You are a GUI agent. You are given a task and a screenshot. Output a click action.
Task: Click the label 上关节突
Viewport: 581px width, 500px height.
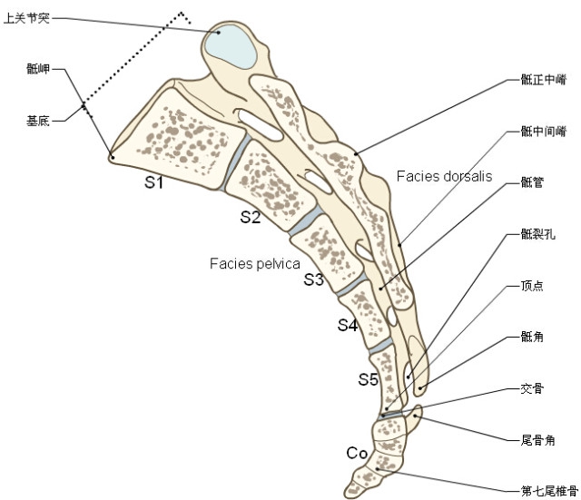point(26,18)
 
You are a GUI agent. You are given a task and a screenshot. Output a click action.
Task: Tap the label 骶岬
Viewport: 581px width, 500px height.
point(38,69)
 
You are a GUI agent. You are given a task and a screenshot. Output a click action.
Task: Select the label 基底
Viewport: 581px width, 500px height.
point(38,121)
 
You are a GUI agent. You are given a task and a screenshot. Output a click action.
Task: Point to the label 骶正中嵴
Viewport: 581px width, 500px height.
point(544,79)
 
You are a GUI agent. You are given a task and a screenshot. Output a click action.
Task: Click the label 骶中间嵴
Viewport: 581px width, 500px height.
point(544,131)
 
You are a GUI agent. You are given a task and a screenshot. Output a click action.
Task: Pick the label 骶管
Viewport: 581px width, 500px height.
point(532,182)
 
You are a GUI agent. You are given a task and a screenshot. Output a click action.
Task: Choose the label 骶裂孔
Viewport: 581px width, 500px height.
point(538,234)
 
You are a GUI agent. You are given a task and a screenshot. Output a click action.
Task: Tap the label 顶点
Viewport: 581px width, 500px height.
point(532,286)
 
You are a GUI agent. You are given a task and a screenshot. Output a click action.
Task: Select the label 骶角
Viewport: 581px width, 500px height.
point(532,337)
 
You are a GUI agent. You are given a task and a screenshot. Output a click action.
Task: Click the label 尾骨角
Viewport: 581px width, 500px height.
point(538,440)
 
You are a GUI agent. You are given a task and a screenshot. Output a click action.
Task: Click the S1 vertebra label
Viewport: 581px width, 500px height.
point(153,181)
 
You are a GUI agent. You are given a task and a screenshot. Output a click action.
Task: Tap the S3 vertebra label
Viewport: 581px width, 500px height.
point(313,279)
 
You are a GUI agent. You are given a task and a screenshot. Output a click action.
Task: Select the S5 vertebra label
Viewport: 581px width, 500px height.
point(368,379)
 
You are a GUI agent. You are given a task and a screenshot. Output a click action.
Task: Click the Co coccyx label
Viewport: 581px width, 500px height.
point(357,453)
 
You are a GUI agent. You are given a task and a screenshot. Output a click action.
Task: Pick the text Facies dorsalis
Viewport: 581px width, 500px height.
point(444,176)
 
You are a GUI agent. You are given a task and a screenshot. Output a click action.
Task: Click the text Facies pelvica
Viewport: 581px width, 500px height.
point(255,263)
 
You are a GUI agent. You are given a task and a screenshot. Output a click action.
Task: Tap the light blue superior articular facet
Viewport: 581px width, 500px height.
point(231,45)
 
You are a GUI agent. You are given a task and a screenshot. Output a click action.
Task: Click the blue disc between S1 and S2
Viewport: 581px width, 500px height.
point(234,162)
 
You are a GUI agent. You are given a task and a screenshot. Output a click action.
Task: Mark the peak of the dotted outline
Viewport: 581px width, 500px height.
point(182,13)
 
